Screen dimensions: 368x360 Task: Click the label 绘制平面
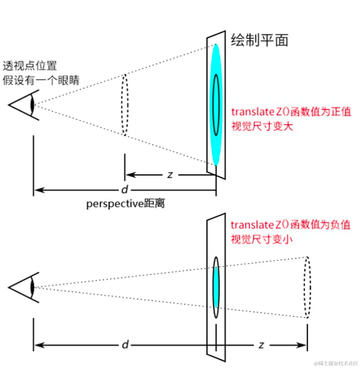(x=259, y=41)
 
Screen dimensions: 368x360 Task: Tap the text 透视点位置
(x=30, y=66)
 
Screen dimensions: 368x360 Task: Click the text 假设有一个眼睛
(x=41, y=80)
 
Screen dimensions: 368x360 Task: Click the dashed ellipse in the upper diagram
(x=125, y=105)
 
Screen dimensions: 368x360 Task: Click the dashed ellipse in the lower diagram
(x=307, y=287)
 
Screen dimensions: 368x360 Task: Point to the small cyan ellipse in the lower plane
(x=216, y=287)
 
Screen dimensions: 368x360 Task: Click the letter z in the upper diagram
(x=170, y=175)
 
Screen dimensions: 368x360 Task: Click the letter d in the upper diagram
(x=125, y=190)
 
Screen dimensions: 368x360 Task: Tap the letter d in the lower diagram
(x=125, y=345)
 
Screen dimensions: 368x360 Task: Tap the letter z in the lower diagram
(x=261, y=345)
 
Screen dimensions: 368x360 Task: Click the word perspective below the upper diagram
(x=114, y=204)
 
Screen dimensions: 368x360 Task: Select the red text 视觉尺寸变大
(x=262, y=126)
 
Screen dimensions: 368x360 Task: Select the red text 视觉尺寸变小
(x=262, y=239)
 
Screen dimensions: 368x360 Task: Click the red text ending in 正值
(x=291, y=112)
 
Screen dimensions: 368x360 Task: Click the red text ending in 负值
(x=291, y=225)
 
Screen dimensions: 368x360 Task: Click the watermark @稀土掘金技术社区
(x=336, y=363)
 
